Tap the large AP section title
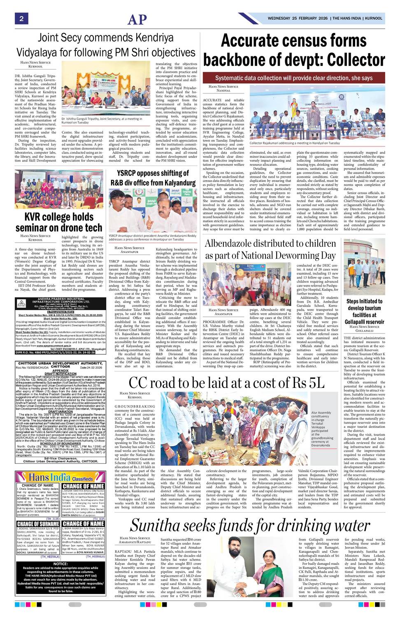[x=137, y=19]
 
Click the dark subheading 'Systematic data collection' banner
[x=293, y=78]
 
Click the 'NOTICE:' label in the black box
[x=60, y=564]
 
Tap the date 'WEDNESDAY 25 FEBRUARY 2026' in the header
[x=299, y=19]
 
